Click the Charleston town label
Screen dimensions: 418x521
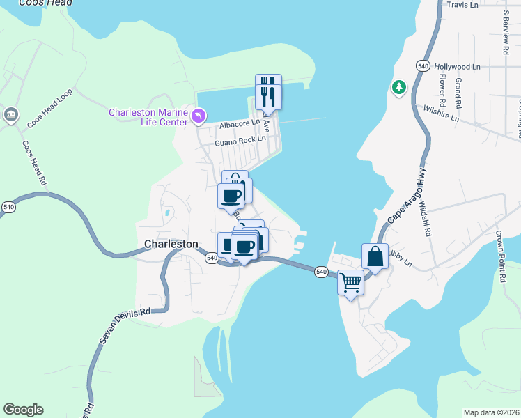pyautogui.click(x=171, y=244)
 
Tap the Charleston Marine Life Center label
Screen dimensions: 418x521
pyautogui.click(x=148, y=117)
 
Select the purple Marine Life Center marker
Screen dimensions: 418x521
pyautogui.click(x=199, y=116)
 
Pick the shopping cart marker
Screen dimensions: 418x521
pyautogui.click(x=351, y=283)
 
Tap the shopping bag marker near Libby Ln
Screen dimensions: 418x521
pyautogui.click(x=375, y=256)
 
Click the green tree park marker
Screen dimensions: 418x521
pyautogui.click(x=398, y=88)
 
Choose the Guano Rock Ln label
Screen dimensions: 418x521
pyautogui.click(x=240, y=140)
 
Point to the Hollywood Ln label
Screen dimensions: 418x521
pyautogui.click(x=457, y=67)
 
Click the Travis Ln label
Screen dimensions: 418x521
pyautogui.click(x=462, y=5)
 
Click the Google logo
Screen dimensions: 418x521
pyautogui.click(x=23, y=410)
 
